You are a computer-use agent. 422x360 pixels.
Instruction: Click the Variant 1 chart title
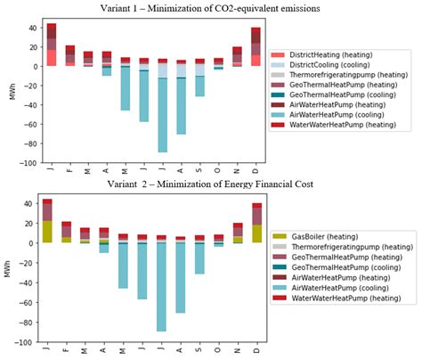pyautogui.click(x=211, y=8)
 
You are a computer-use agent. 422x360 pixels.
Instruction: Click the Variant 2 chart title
pyautogui.click(x=211, y=184)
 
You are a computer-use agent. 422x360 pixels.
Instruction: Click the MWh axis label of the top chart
pyautogui.click(x=11, y=92)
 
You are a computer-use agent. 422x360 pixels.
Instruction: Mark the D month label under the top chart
pyautogui.click(x=256, y=170)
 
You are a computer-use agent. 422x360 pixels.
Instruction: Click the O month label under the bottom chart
pyautogui.click(x=218, y=350)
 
